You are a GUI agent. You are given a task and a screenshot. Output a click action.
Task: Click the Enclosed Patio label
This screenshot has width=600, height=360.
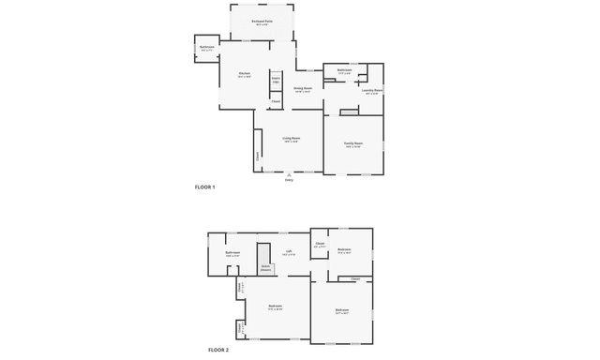click(x=262, y=21)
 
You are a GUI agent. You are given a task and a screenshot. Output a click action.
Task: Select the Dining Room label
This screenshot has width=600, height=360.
click(x=303, y=89)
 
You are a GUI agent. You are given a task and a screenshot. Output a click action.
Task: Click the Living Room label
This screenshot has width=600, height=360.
click(x=291, y=140)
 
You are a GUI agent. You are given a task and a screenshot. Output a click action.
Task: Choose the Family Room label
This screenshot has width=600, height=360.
click(x=353, y=144)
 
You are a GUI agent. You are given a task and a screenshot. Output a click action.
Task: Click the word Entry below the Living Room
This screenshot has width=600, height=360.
click(x=289, y=180)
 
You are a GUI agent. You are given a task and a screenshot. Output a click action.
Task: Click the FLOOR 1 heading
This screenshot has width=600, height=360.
click(x=204, y=187)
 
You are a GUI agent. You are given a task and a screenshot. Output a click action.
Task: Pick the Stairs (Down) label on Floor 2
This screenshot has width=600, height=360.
click(x=266, y=267)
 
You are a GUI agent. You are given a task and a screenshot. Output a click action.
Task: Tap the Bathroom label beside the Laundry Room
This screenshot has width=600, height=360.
click(x=344, y=69)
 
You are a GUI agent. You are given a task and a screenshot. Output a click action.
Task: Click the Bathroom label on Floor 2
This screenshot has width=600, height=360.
click(x=232, y=253)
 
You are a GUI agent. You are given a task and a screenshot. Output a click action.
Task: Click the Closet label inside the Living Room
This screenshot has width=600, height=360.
click(x=258, y=157)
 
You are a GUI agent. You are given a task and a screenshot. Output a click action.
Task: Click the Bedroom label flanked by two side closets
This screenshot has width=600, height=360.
click(x=276, y=307)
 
